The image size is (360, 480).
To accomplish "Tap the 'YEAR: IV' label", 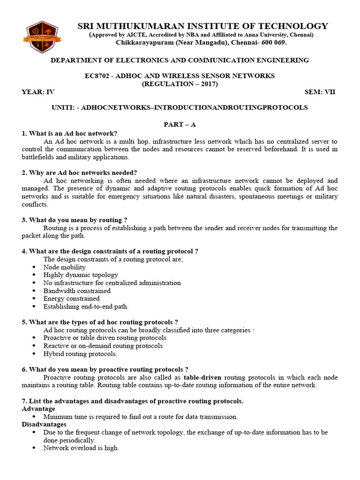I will [x=38, y=92].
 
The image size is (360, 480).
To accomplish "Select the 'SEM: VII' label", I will [x=320, y=92].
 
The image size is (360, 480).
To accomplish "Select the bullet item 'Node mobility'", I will [x=64, y=267].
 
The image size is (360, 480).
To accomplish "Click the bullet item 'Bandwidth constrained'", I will [x=77, y=291].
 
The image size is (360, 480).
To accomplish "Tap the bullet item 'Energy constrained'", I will [x=71, y=299].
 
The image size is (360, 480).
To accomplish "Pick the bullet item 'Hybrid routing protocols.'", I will [x=80, y=354].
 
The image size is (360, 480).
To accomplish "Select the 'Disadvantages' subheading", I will [x=44, y=424].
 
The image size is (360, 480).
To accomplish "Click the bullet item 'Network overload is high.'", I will [x=81, y=448].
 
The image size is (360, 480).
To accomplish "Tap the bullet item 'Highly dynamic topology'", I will [x=81, y=275].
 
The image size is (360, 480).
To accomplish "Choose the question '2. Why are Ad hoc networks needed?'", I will [x=79, y=172].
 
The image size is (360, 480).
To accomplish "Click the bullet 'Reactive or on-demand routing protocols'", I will [x=103, y=346].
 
